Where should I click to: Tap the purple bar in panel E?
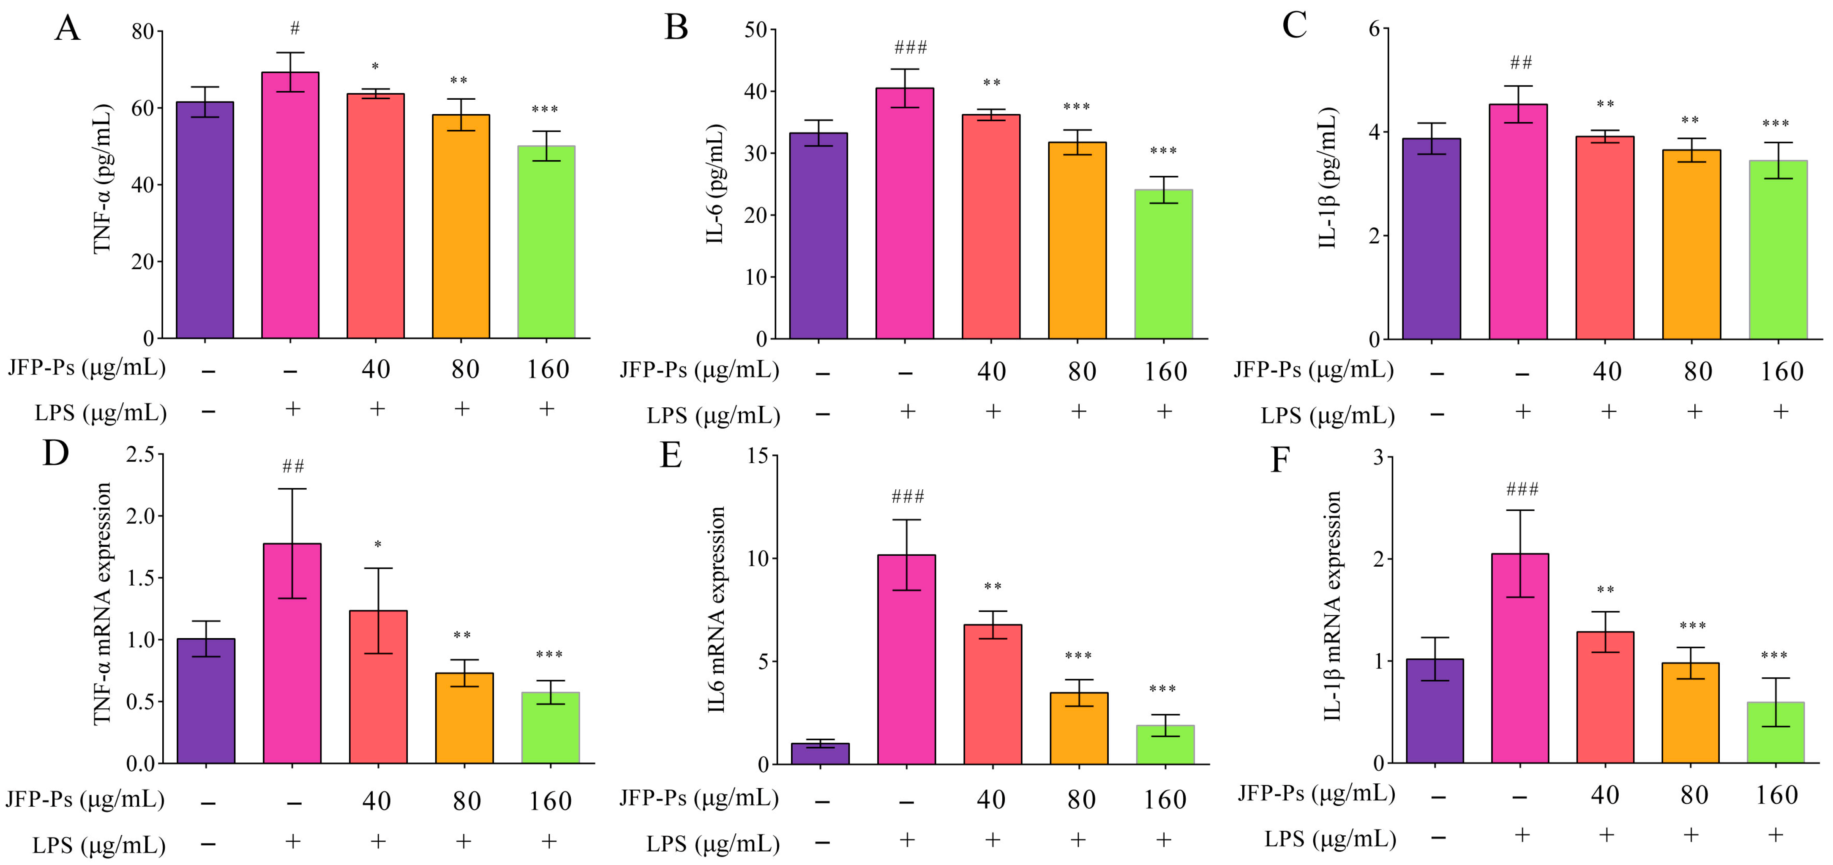820,753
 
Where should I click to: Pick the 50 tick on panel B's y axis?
756,30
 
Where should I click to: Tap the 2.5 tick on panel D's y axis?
140,455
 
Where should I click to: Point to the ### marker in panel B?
910,48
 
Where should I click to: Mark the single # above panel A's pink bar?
295,28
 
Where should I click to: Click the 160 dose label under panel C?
1781,371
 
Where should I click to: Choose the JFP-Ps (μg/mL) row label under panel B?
699,370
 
